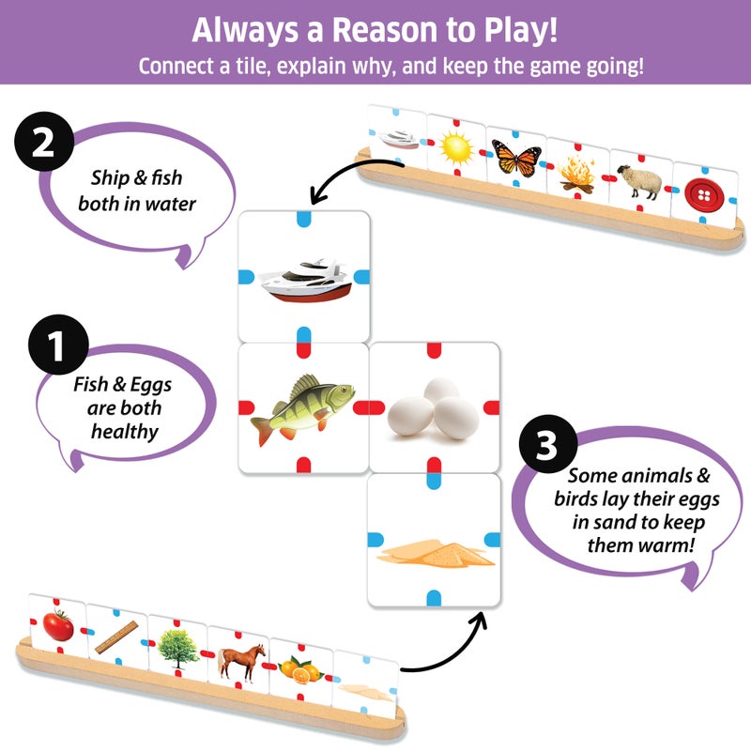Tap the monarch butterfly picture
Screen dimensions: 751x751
pos(515,157)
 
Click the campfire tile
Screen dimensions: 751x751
pos(575,173)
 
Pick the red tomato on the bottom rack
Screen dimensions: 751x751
pos(58,624)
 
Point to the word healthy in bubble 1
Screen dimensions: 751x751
pos(116,431)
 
